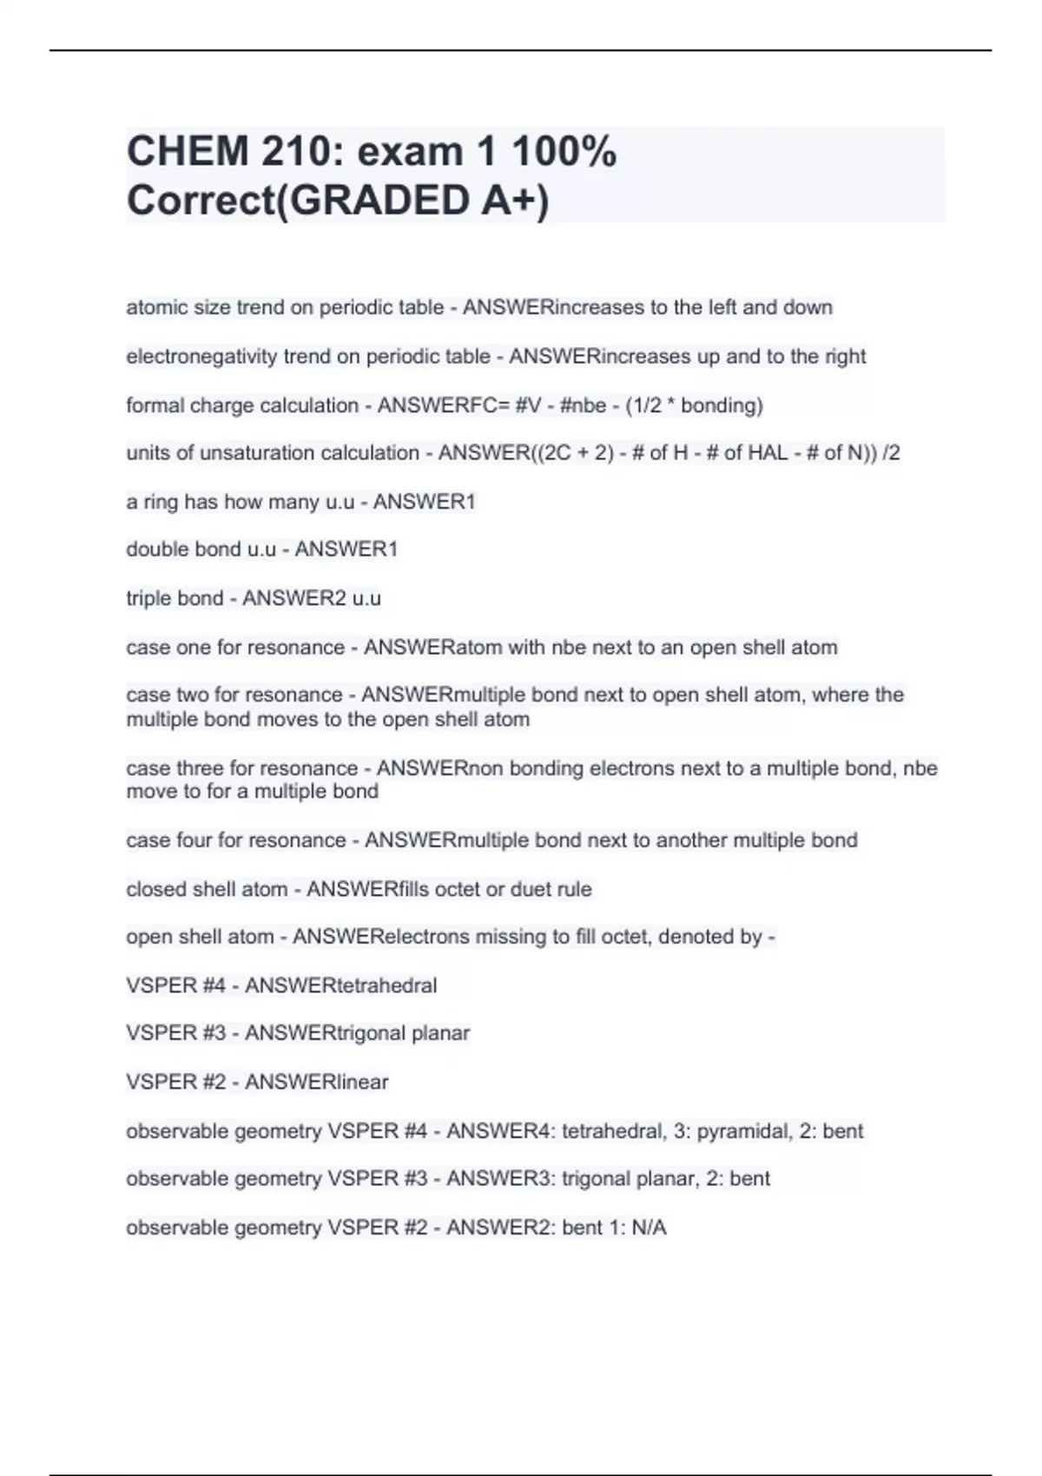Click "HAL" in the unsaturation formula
coord(764,452)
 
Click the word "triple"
coord(148,598)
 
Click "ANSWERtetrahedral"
coord(340,985)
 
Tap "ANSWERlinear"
coord(316,1082)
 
